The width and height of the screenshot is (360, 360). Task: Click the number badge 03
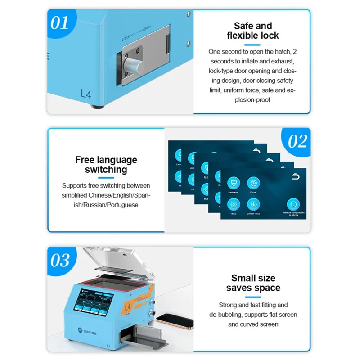coord(60,260)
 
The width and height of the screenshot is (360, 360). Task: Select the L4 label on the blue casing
coord(86,94)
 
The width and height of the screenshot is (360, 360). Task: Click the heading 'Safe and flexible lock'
coord(253,31)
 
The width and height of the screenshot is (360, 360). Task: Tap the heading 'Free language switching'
coord(106,165)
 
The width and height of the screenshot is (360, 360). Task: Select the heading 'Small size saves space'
coord(253,283)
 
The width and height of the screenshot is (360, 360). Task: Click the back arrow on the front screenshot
coord(295,177)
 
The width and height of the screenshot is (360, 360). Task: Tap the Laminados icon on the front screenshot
coord(233,183)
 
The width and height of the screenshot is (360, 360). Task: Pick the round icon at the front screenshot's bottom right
coord(293,204)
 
